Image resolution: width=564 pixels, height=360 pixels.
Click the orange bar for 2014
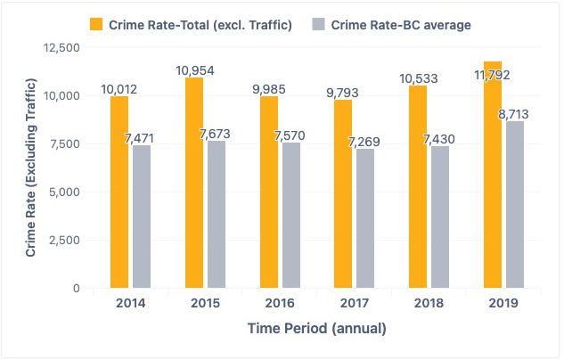(x=119, y=192)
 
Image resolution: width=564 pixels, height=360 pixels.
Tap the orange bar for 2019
(x=492, y=175)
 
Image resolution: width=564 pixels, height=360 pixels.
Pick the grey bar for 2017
(x=364, y=218)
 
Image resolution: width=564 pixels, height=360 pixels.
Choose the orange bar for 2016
(x=268, y=192)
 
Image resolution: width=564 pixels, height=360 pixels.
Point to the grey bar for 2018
(x=438, y=217)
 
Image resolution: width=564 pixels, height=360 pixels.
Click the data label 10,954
(x=195, y=70)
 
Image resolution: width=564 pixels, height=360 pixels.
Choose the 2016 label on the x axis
(x=279, y=303)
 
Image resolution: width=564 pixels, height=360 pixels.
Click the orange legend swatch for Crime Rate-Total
(x=96, y=23)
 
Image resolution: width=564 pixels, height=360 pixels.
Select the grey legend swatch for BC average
(x=318, y=23)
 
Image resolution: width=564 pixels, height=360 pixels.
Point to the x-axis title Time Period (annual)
(x=316, y=329)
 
